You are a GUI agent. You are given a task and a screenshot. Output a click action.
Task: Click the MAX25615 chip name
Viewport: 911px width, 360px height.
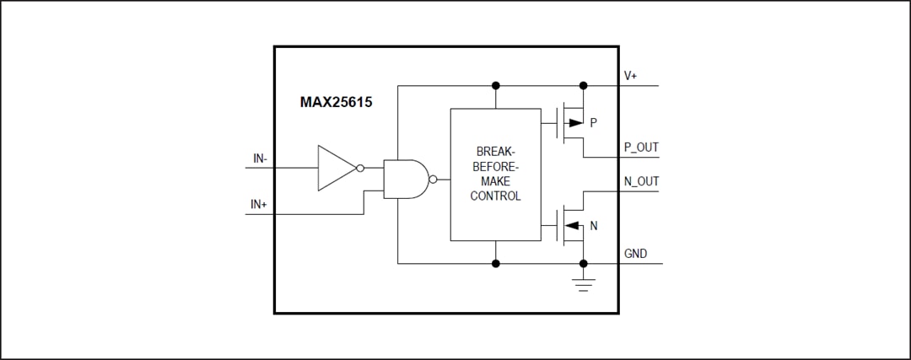tap(337, 102)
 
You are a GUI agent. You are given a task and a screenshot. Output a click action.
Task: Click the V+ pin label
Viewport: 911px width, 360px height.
tap(631, 76)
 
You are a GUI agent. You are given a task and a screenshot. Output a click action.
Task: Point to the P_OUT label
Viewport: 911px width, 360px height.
tap(641, 148)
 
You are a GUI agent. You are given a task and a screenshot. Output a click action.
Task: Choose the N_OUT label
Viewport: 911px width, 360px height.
tap(641, 181)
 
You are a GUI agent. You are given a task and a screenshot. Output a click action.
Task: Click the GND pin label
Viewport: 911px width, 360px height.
tap(636, 254)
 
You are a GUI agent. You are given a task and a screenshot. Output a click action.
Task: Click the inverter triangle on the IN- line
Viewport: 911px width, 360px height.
tap(335, 167)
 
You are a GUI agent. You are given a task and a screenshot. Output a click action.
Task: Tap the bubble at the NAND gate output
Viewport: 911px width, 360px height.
tap(433, 179)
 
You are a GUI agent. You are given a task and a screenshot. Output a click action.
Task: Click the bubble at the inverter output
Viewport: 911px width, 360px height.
tap(360, 167)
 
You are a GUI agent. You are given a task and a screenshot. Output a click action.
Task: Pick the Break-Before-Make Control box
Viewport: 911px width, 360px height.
tap(495, 174)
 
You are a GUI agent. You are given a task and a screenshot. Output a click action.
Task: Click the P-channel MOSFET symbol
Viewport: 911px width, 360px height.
tap(571, 123)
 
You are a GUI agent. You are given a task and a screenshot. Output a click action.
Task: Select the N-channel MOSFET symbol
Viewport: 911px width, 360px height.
tap(571, 225)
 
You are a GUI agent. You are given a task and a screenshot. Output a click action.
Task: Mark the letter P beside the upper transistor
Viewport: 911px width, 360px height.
tap(594, 123)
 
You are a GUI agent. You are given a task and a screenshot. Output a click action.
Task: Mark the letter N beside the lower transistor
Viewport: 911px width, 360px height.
tap(594, 225)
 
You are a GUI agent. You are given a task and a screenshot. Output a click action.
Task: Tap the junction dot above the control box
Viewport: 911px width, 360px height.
tap(496, 85)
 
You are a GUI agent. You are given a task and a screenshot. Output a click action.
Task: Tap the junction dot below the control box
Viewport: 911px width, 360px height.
tap(496, 263)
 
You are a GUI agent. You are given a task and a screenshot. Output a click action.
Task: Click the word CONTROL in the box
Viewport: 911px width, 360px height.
tap(495, 196)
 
